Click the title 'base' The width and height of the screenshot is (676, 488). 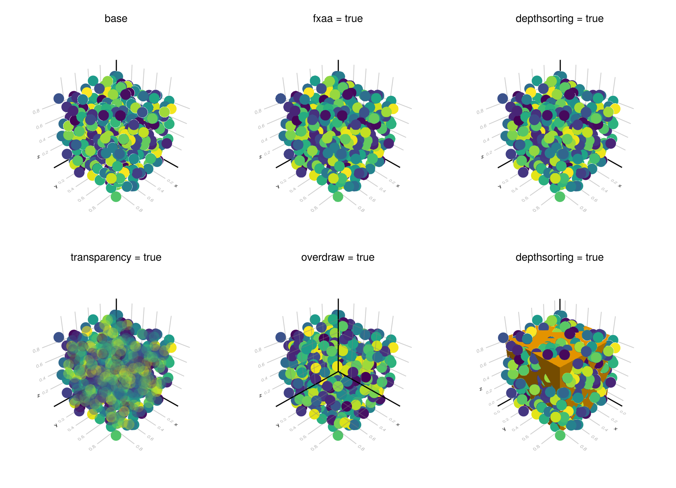coord(116,19)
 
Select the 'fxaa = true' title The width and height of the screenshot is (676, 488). coord(338,19)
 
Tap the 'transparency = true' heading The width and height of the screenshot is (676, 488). coord(116,258)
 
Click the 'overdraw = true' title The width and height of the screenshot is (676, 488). coord(338,258)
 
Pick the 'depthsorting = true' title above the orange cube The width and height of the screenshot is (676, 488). coord(559,258)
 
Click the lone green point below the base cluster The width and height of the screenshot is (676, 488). coord(116,196)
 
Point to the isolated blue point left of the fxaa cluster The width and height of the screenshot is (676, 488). coord(281,98)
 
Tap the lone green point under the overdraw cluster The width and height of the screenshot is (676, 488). coord(338,435)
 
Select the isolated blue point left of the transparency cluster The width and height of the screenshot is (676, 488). coord(59,337)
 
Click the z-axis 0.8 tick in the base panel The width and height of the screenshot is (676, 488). coord(36,111)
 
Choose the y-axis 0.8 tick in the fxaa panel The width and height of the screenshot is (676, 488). coord(314,209)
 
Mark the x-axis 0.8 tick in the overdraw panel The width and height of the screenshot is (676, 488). coord(361,448)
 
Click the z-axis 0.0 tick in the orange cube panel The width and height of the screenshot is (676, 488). coord(491,404)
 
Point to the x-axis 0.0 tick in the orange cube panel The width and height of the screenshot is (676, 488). coord(622,413)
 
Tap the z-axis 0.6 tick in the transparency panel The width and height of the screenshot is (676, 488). coord(39,365)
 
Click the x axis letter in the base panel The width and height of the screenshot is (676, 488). coord(176,186)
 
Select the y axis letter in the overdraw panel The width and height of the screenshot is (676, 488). coord(278,425)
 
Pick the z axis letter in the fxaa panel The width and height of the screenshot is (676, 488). coord(260,157)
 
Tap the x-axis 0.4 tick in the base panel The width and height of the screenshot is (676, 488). coord(160,190)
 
